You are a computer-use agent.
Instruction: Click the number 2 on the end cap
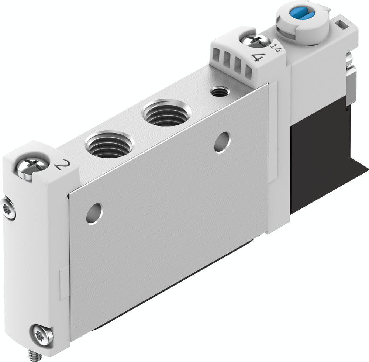tap(59, 165)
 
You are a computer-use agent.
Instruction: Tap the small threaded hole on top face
tap(219, 91)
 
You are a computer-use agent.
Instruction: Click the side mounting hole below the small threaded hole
tap(222, 142)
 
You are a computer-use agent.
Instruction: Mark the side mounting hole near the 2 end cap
tap(94, 213)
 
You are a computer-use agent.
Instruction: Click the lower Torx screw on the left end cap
tap(41, 336)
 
